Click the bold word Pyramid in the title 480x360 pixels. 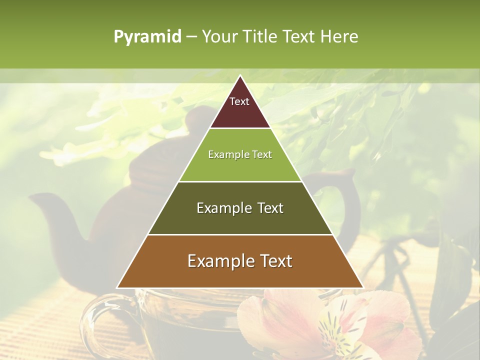point(147,37)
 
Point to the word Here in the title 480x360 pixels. point(339,37)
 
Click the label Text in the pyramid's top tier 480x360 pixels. point(239,101)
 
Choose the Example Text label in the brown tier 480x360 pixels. point(240,261)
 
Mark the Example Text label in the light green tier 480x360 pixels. point(240,154)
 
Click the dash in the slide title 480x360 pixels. point(191,37)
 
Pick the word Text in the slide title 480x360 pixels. point(299,37)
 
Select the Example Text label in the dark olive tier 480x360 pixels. point(240,208)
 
